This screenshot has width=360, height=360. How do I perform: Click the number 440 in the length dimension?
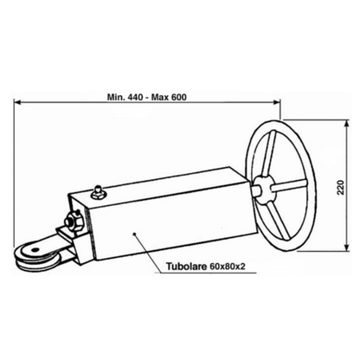click(134, 97)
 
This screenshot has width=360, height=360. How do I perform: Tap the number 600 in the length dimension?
click(178, 97)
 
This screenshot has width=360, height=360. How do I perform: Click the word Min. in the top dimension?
click(116, 97)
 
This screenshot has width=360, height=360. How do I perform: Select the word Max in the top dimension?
click(160, 97)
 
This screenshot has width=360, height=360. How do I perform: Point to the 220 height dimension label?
click(341, 187)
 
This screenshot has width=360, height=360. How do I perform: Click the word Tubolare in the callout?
click(186, 266)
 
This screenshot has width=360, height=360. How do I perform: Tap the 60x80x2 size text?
click(227, 266)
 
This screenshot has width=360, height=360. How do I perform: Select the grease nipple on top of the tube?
click(97, 193)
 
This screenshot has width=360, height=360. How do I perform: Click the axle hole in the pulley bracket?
click(35, 250)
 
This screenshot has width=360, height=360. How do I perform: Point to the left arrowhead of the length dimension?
click(17, 101)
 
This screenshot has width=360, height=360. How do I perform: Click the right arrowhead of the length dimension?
click(277, 101)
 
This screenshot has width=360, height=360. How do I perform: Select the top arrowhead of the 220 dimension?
click(347, 124)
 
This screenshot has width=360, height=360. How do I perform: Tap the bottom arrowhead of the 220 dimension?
click(347, 247)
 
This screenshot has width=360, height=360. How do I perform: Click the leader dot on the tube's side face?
click(134, 234)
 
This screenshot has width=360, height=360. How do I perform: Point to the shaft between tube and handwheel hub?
click(254, 190)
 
